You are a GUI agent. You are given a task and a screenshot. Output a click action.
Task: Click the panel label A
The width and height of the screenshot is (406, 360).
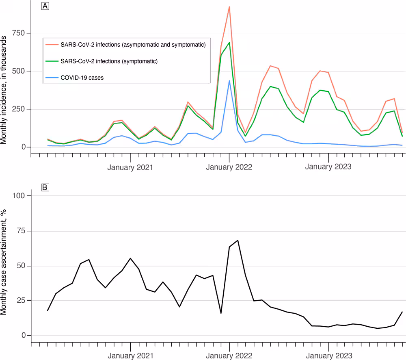click(x=45, y=7)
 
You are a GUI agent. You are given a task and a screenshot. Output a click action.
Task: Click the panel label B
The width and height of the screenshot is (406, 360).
click(x=45, y=187)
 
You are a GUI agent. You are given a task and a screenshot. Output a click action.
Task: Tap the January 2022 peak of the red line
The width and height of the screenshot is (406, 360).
click(x=229, y=7)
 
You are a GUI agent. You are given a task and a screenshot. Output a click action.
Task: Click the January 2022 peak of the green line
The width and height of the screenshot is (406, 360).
click(x=229, y=43)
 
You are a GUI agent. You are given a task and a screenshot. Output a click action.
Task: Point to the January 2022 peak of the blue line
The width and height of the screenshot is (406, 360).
click(x=229, y=80)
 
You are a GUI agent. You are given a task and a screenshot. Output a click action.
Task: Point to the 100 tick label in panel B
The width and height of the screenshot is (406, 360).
click(x=20, y=196)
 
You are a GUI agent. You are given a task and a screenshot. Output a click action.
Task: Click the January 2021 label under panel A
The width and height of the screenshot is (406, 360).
click(x=130, y=167)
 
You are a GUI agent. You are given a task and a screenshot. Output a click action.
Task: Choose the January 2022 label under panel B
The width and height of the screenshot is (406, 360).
click(x=229, y=356)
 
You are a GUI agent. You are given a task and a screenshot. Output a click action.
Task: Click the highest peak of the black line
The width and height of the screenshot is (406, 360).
click(x=238, y=240)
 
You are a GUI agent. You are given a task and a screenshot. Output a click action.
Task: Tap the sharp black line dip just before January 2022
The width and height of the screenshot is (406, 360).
click(x=221, y=313)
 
